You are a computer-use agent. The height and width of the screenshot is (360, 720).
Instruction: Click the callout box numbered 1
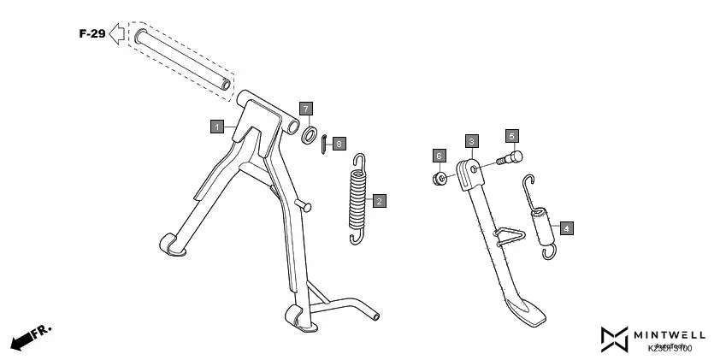point(217,127)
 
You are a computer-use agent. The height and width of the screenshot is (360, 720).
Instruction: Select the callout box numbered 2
point(379,201)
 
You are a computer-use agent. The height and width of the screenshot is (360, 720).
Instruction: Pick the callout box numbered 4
point(566,228)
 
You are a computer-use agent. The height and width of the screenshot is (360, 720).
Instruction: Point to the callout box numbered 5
point(511,136)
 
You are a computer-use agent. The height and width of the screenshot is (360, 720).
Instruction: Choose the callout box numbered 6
point(439,156)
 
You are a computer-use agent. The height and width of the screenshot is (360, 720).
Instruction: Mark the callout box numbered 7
point(305,109)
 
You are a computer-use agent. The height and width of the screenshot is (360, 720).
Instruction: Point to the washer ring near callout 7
point(311,133)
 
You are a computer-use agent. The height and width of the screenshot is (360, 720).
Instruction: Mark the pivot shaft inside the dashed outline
point(180,57)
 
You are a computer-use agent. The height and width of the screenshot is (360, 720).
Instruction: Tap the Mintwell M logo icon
point(615,339)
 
